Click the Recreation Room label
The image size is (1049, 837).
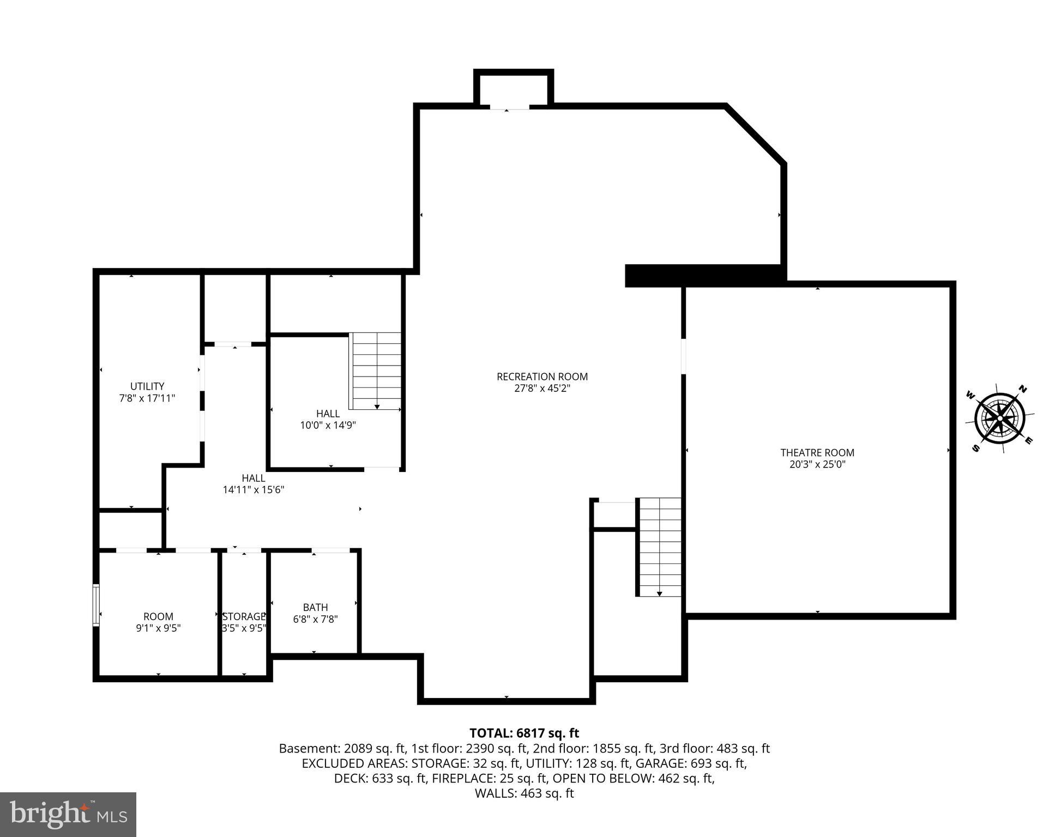(x=542, y=377)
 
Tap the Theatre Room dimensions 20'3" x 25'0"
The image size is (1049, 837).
(x=817, y=465)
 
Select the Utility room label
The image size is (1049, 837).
(x=147, y=386)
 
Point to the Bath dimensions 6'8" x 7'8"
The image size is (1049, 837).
(x=315, y=620)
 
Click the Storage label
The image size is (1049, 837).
(x=244, y=616)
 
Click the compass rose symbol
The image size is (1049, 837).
(x=1000, y=418)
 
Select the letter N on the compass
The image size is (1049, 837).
(x=1023, y=389)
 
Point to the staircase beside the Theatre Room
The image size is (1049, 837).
(x=660, y=547)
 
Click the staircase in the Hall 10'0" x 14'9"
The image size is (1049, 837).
(x=376, y=372)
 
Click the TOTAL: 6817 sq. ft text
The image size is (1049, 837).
(x=524, y=733)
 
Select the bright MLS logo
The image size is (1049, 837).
(x=68, y=815)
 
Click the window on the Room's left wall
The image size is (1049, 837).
(x=96, y=605)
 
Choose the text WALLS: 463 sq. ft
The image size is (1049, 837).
(x=524, y=793)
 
